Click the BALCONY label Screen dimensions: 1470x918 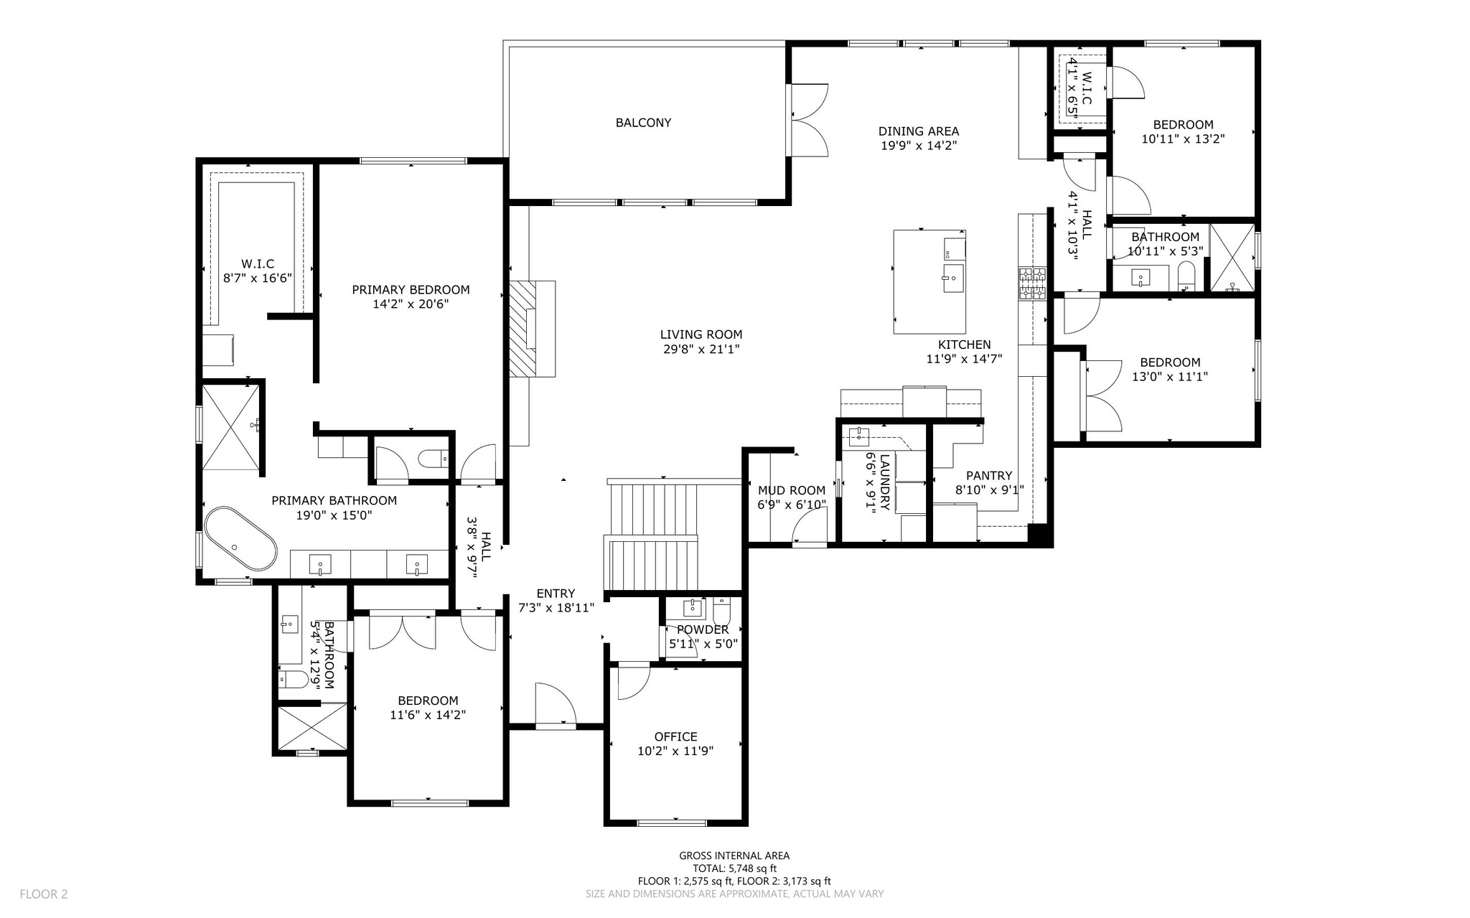643,123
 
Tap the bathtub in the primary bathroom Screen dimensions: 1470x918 240,539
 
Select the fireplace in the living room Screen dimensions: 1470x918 533,329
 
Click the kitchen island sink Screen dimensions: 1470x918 953,278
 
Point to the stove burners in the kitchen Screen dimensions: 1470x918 1032,283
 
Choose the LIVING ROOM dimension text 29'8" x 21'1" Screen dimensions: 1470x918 701,350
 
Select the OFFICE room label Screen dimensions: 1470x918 675,736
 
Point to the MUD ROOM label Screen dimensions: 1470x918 792,491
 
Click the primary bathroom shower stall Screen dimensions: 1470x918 231,426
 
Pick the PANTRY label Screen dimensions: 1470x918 988,476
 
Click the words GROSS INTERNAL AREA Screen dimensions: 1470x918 734,856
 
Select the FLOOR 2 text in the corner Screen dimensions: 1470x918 44,894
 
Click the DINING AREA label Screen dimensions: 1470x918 919,131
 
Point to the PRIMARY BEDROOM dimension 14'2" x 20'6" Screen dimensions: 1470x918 411,304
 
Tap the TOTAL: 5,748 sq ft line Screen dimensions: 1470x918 734,868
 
